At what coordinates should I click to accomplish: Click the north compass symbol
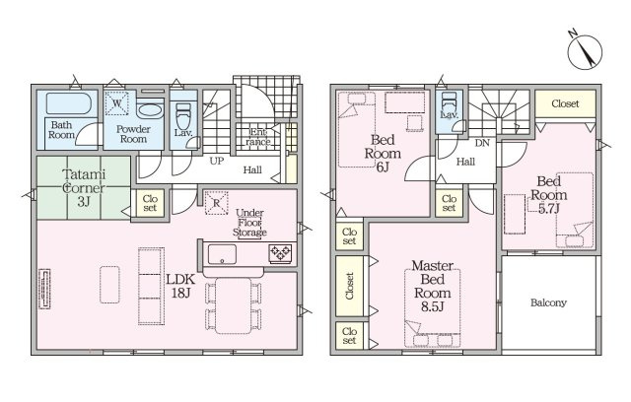(x=585, y=51)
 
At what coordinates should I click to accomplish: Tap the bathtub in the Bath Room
(x=69, y=103)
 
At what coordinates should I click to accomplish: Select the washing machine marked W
(x=116, y=103)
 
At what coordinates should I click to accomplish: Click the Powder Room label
(x=133, y=134)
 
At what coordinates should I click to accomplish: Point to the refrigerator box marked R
(x=217, y=203)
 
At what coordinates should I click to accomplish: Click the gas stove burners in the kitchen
(x=280, y=253)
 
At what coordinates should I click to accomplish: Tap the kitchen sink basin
(x=222, y=254)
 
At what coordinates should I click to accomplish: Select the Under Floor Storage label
(x=249, y=223)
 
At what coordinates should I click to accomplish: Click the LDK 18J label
(x=180, y=286)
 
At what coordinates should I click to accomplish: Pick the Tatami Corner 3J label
(x=84, y=188)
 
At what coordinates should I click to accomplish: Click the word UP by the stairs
(x=217, y=162)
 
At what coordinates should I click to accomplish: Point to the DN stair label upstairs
(x=482, y=143)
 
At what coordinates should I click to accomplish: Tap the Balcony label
(x=548, y=302)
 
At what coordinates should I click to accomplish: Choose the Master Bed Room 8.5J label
(x=433, y=286)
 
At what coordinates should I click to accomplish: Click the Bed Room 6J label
(x=383, y=153)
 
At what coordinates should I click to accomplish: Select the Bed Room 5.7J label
(x=549, y=194)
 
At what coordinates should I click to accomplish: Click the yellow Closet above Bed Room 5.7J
(x=565, y=103)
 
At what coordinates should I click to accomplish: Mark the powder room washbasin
(x=150, y=110)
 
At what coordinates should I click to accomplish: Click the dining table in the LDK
(x=234, y=305)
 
